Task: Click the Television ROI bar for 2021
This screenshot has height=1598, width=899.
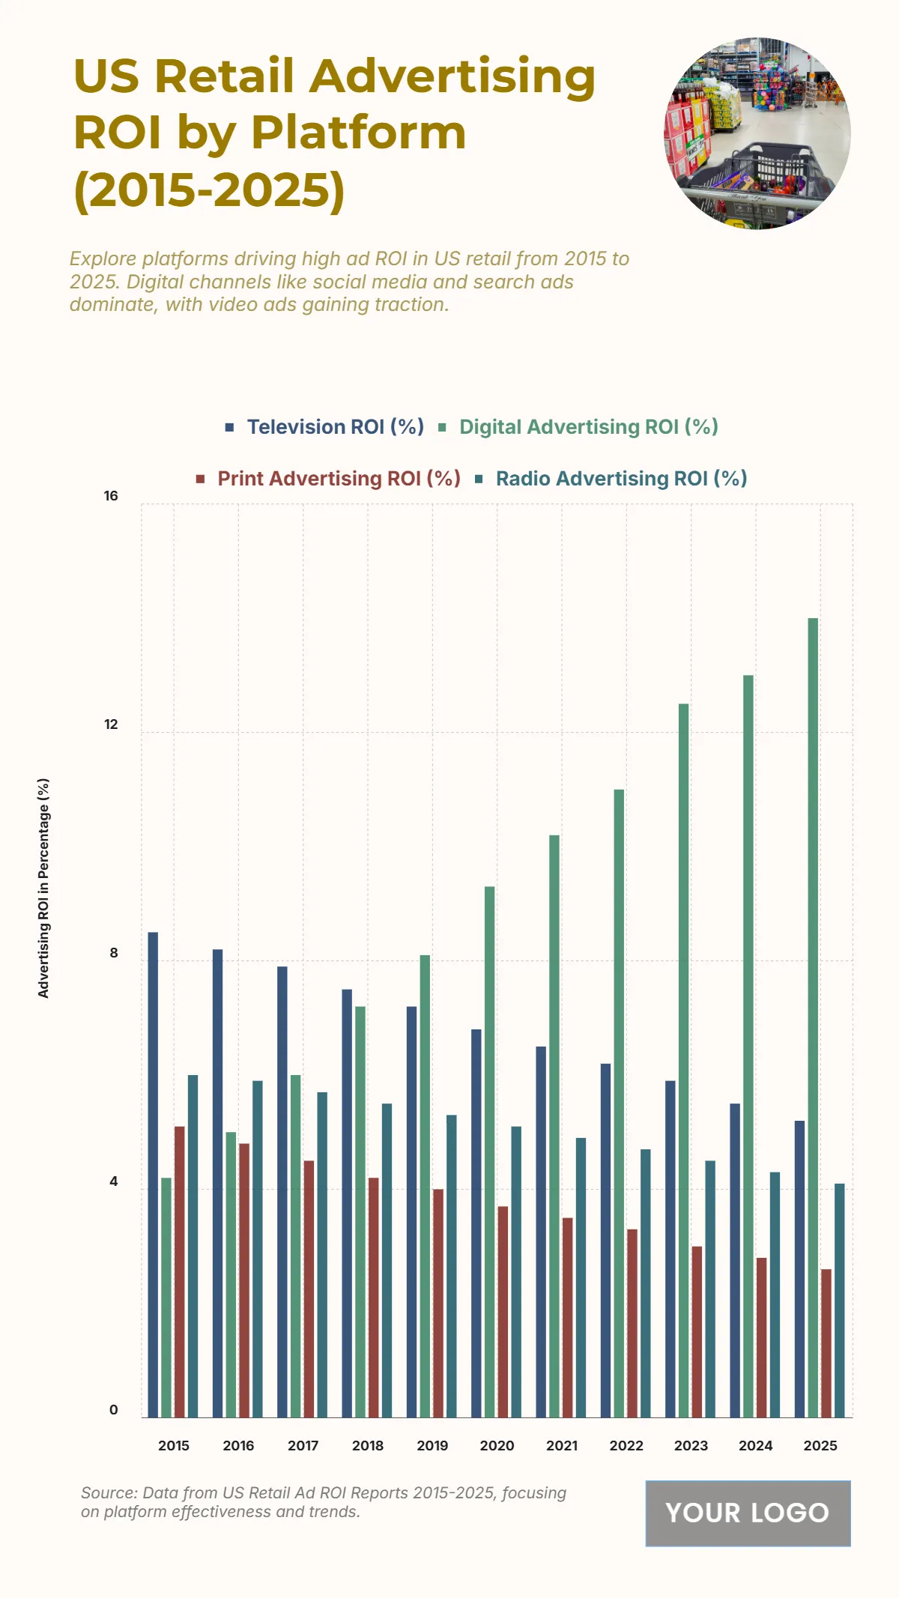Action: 541,1232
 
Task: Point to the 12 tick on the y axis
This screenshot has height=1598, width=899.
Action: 111,724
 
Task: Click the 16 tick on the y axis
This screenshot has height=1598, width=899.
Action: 111,496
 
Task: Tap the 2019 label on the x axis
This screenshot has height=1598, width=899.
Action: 432,1446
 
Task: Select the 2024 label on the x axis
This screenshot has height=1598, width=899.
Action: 755,1446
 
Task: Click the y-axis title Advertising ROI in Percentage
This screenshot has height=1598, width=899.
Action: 43,888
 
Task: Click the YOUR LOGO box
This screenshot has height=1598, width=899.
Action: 748,1513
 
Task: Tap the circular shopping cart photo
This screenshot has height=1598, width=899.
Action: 757,133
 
